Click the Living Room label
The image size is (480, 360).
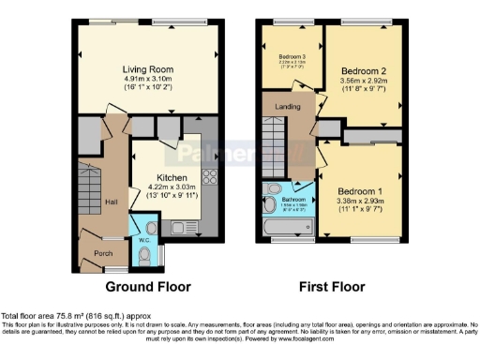click(x=147, y=68)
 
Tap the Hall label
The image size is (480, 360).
click(x=111, y=202)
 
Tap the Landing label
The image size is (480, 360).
click(x=287, y=107)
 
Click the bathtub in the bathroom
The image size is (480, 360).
click(x=287, y=226)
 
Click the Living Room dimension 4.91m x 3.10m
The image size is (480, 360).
click(x=147, y=80)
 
